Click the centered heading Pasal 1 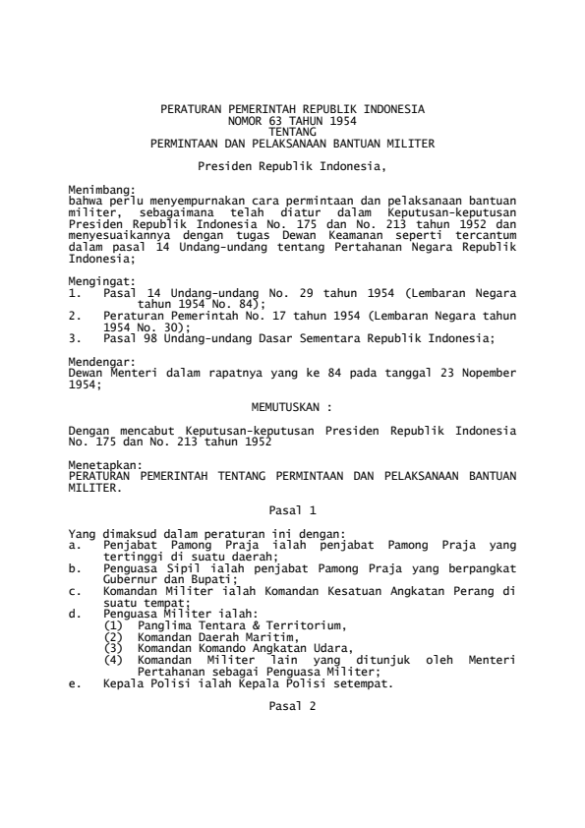[292, 510]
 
